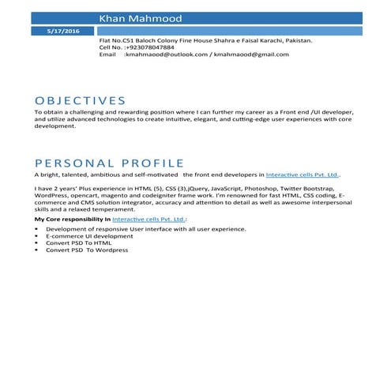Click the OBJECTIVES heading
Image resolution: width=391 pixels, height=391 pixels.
(81, 100)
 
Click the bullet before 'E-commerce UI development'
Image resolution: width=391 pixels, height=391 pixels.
(37, 235)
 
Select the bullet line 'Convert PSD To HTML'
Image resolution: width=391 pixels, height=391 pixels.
(78, 242)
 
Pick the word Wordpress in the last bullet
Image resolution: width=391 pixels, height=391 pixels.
(111, 250)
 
